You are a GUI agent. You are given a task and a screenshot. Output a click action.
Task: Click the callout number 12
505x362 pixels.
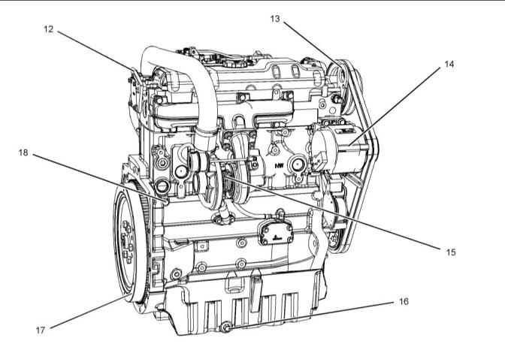48,29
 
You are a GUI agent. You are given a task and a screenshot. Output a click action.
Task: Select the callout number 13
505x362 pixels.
275,19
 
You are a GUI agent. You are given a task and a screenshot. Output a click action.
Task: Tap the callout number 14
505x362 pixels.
449,65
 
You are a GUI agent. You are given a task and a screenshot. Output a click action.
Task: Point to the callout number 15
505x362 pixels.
451,252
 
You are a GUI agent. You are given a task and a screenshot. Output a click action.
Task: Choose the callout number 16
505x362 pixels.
404,301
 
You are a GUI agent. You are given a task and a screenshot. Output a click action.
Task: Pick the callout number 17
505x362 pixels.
41,330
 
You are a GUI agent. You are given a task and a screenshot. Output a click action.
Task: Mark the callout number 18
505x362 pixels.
23,152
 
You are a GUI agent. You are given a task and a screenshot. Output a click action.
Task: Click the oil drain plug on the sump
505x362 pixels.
226,327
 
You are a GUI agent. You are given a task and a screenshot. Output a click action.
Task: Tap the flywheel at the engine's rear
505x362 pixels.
131,242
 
